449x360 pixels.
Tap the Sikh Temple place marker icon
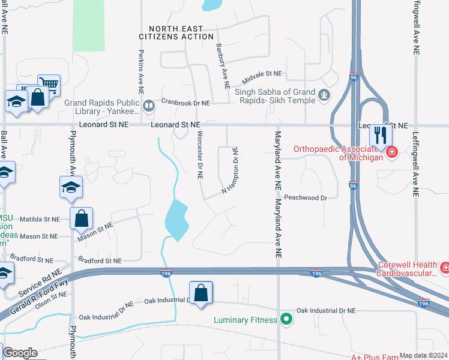(324, 94)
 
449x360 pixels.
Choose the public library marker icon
(148, 106)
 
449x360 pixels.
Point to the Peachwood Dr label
(306, 197)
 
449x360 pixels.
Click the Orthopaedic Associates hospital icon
(392, 152)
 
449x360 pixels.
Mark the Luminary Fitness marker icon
(286, 319)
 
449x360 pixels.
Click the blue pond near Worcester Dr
(176, 220)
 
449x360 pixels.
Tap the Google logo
(20, 353)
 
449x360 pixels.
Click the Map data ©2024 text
(423, 355)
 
